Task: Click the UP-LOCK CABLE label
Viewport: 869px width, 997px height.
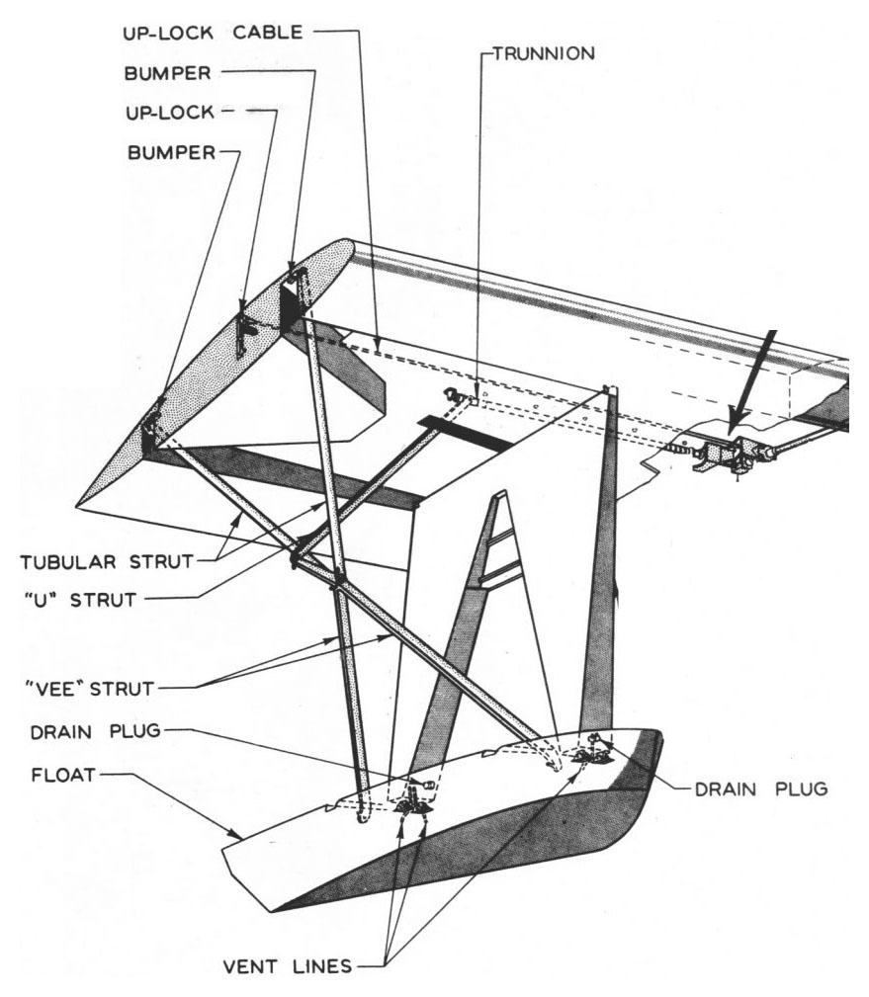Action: coord(218,34)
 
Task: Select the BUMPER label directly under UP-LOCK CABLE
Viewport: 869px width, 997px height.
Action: coord(177,73)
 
